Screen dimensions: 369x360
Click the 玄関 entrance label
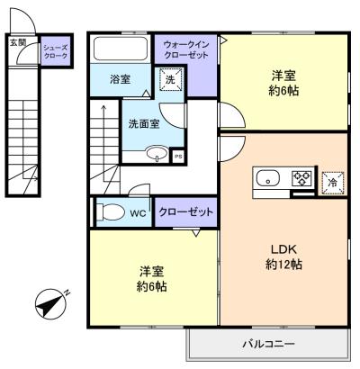pos(17,41)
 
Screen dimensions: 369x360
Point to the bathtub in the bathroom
pos(123,49)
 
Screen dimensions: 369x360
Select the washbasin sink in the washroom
pos(155,154)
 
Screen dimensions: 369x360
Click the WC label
pos(138,214)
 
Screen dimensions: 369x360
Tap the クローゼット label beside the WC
pos(186,211)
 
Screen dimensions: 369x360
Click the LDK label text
pos(283,249)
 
